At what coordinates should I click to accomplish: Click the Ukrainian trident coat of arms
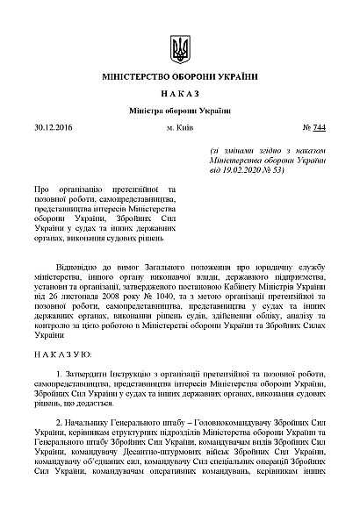click(180, 48)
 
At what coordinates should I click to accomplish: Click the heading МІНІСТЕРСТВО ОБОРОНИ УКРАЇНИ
click(179, 78)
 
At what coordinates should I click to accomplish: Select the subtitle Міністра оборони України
click(179, 111)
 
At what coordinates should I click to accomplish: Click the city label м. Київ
click(180, 129)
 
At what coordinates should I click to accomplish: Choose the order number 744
click(319, 129)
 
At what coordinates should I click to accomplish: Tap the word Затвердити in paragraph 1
click(88, 375)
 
